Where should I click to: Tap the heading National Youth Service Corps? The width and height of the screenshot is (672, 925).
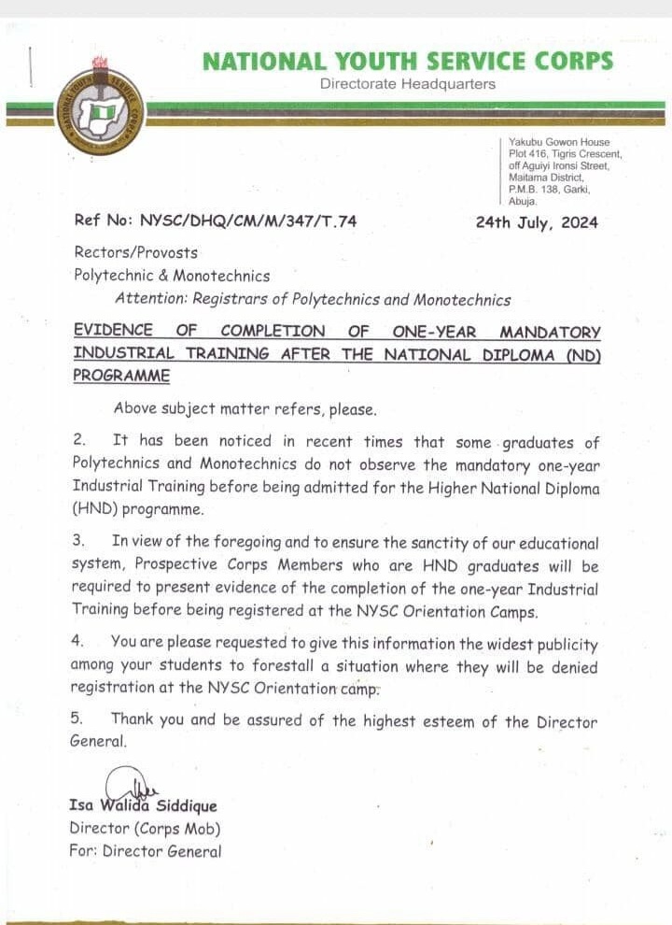(408, 62)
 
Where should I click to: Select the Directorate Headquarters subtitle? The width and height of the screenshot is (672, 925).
(408, 84)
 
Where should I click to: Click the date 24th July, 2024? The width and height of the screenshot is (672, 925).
(537, 222)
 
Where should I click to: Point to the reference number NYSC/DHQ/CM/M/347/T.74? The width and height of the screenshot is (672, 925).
(248, 221)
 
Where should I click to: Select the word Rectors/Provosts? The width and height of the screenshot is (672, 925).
(135, 252)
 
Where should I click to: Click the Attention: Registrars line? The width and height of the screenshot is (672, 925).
(313, 300)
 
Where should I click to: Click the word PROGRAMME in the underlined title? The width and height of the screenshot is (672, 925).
(121, 376)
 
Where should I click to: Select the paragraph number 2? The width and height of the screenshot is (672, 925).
(79, 441)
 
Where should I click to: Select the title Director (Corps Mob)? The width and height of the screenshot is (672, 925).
(145, 829)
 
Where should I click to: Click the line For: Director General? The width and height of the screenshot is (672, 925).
(146, 851)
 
